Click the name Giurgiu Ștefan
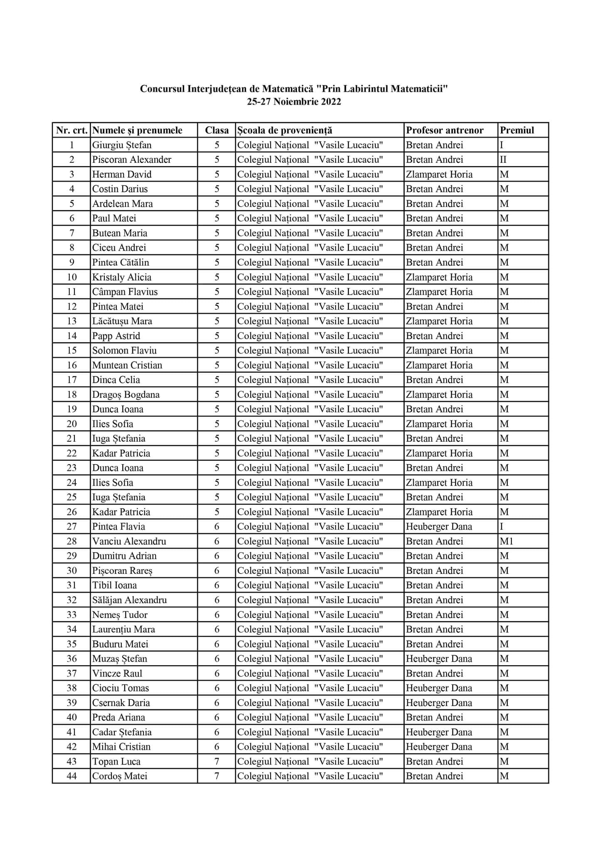pyautogui.click(x=122, y=145)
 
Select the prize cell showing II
pyautogui.click(x=503, y=160)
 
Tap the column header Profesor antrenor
pyautogui.click(x=444, y=130)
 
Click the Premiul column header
pyautogui.click(x=517, y=130)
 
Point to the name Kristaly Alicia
pyautogui.click(x=121, y=277)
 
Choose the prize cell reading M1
pyautogui.click(x=507, y=541)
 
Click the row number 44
pyautogui.click(x=72, y=776)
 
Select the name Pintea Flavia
pyautogui.click(x=118, y=526)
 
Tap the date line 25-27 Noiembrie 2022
pyautogui.click(x=294, y=102)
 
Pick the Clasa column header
pyautogui.click(x=217, y=130)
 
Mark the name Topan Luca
pyautogui.click(x=116, y=761)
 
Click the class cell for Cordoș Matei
pyautogui.click(x=217, y=776)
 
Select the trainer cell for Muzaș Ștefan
pyautogui.click(x=439, y=659)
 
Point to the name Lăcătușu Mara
pyautogui.click(x=122, y=321)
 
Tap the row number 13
pyautogui.click(x=72, y=321)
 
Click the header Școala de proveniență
pyautogui.click(x=284, y=130)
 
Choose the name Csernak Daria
pyautogui.click(x=121, y=703)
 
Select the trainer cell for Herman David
pyautogui.click(x=439, y=174)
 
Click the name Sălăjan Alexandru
pyautogui.click(x=129, y=600)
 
